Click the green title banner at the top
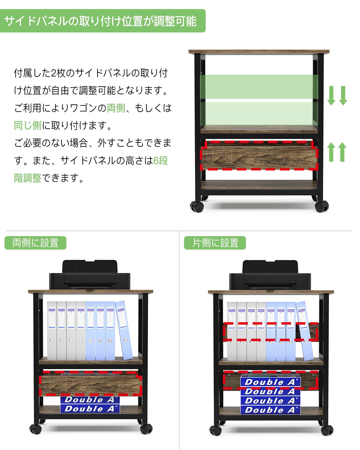pos(102,21)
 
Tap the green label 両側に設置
pos(35,243)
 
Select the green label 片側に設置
pos(215,243)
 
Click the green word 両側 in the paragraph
pos(116,108)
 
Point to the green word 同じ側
pos(28,125)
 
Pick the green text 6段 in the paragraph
pos(160,160)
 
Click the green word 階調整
pos(28,178)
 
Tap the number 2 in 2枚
pos(54,73)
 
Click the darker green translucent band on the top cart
pos(259,87)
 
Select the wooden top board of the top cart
pos(259,52)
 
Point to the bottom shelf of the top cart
pos(259,185)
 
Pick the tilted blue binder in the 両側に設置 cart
pos(124,330)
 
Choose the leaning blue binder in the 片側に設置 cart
pos(304,330)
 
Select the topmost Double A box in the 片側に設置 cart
pos(270,382)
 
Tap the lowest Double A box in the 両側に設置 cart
pos(90,409)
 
